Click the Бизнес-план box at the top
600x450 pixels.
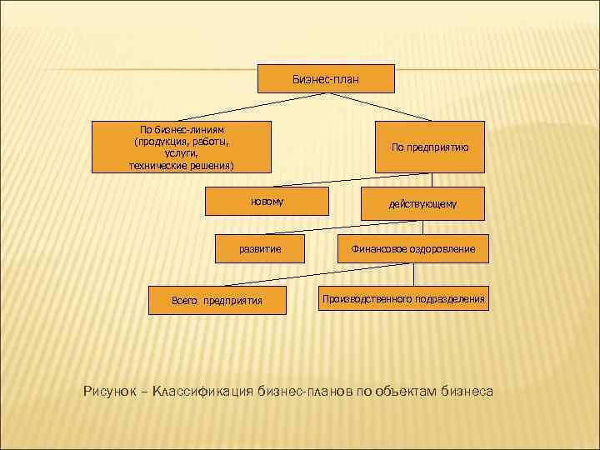(x=326, y=78)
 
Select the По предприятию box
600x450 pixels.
(x=430, y=147)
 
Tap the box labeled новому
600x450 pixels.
(x=267, y=202)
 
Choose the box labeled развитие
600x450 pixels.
(x=260, y=248)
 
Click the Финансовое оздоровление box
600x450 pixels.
(x=413, y=248)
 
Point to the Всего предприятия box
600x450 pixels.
(x=217, y=300)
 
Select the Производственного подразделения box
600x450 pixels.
(x=404, y=297)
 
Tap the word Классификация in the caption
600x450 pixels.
(x=200, y=390)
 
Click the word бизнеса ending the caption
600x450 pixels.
(x=468, y=390)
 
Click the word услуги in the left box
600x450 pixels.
(x=181, y=154)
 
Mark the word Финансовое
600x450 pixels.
(x=377, y=248)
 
